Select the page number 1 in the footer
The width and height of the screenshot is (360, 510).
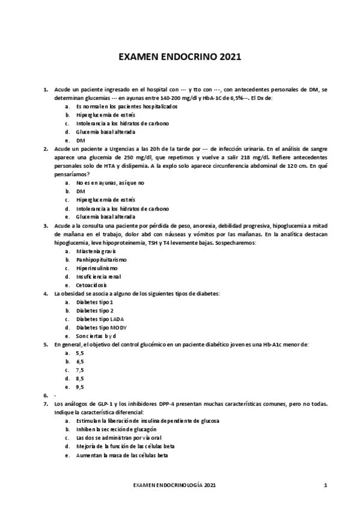325,484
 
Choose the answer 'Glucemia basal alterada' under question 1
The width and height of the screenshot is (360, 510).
105,132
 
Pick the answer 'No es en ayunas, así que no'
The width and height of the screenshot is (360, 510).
111,182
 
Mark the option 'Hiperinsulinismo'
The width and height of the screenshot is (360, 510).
97,268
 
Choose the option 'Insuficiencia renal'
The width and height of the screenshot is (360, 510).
99,276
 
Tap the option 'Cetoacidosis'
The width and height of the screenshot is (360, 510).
93,284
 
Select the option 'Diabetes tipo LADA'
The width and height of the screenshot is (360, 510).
100,319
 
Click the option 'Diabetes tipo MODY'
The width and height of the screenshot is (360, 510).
102,327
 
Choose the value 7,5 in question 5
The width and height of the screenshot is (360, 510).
80,370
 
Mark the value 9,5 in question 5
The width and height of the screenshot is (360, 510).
80,387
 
